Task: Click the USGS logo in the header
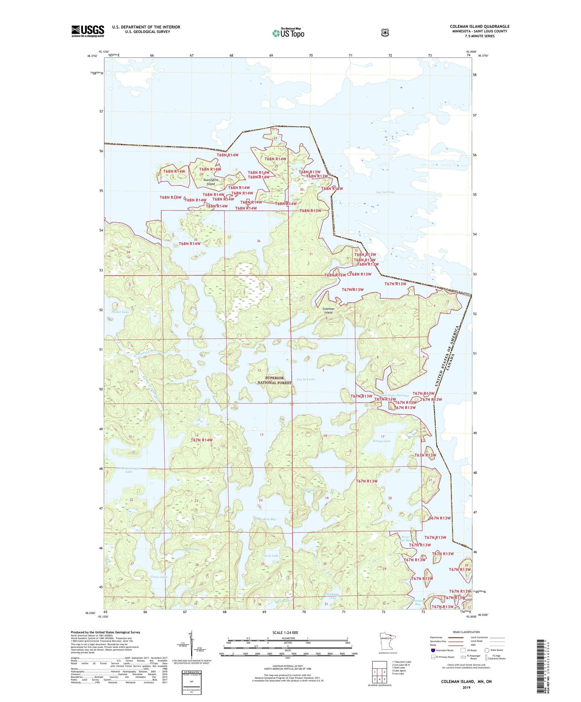pyautogui.click(x=88, y=31)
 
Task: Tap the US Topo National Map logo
pyautogui.click(x=288, y=33)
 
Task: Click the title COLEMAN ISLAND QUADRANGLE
pyautogui.click(x=480, y=26)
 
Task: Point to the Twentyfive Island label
pyautogui.click(x=211, y=182)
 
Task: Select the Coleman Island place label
pyautogui.click(x=328, y=311)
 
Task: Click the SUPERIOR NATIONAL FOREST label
pyautogui.click(x=274, y=380)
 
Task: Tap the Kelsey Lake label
pyautogui.click(x=382, y=441)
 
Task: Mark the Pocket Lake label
pyautogui.click(x=120, y=312)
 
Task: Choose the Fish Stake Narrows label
pyautogui.click(x=395, y=395)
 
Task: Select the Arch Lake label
pyautogui.click(x=271, y=556)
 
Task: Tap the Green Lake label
pyautogui.click(x=159, y=577)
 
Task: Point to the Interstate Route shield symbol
pyautogui.click(x=433, y=650)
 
